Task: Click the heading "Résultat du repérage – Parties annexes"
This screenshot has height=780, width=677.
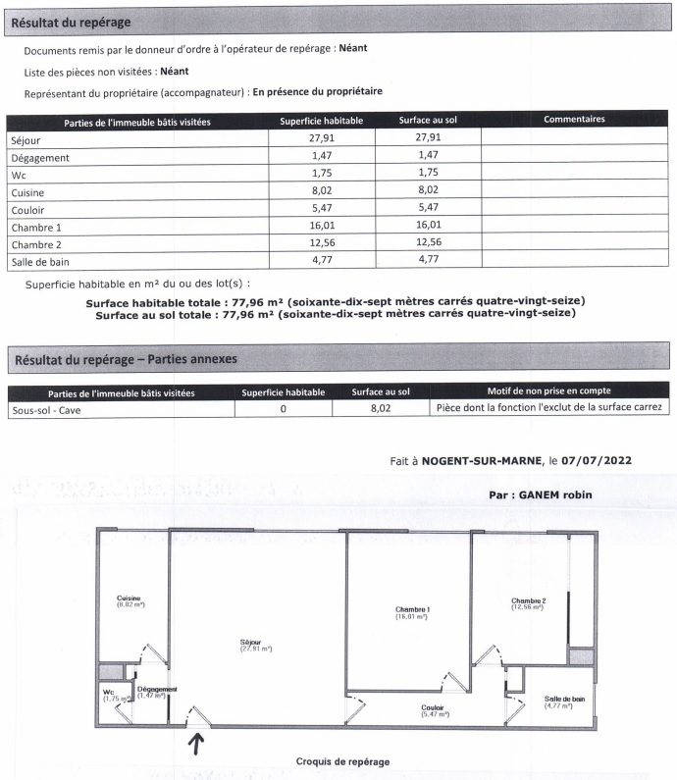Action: pyautogui.click(x=126, y=360)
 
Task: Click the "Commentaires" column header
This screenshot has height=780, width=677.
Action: pyautogui.click(x=574, y=120)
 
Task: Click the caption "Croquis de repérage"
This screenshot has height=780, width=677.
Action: pyautogui.click(x=342, y=761)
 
